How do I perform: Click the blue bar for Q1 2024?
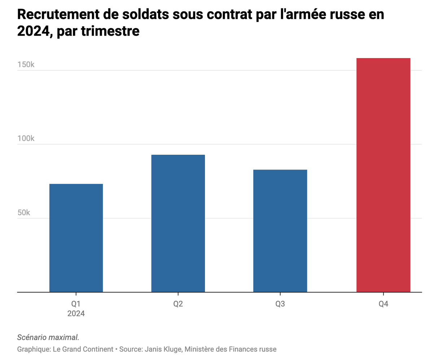tap(76, 238)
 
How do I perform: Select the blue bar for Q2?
tap(178, 223)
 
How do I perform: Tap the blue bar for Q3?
tap(280, 231)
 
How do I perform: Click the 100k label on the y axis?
tap(26, 139)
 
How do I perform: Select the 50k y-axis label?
tap(24, 212)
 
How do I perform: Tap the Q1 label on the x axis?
tap(76, 304)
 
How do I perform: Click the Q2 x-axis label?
tap(178, 304)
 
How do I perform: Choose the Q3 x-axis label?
tap(280, 304)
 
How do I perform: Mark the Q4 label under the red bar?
tap(383, 304)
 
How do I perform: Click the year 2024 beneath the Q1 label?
tap(76, 313)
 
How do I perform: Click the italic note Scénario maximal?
tap(48, 338)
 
